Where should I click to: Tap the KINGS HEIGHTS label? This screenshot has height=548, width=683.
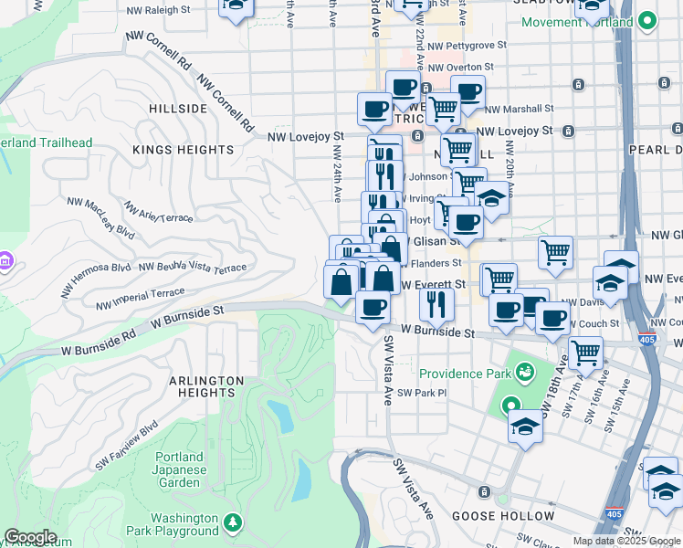(183, 150)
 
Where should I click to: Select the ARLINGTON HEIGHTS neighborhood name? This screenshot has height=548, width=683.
(205, 386)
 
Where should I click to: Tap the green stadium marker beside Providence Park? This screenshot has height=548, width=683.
(525, 372)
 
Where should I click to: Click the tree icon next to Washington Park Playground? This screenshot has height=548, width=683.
(234, 522)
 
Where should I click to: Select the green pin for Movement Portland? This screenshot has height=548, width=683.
(647, 20)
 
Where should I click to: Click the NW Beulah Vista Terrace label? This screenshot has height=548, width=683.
(193, 267)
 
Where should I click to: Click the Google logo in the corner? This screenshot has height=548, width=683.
(30, 538)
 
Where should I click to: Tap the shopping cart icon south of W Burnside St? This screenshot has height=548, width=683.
(585, 351)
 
